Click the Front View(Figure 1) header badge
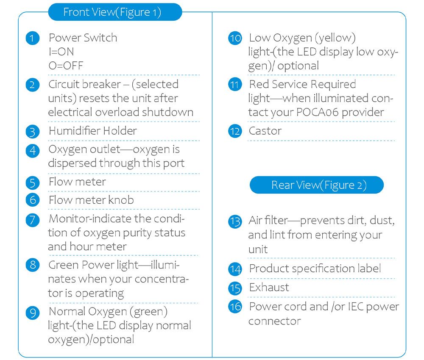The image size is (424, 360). click(115, 12)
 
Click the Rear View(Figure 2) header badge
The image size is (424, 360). click(317, 185)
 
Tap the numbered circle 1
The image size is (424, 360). click(33, 38)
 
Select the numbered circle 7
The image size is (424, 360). click(33, 220)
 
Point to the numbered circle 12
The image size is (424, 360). click(235, 131)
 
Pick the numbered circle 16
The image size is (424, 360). click(235, 307)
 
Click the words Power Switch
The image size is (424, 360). click(83, 38)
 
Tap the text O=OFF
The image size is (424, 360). click(66, 66)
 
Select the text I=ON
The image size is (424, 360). click(61, 52)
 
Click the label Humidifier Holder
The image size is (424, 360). click(93, 131)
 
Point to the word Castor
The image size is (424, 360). click(265, 131)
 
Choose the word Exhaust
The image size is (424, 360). click(269, 287)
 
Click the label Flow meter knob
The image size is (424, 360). click(92, 200)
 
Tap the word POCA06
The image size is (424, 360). click(317, 112)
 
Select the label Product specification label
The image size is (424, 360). click(315, 269)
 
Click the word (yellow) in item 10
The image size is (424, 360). click(335, 38)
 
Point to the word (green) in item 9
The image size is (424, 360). click(148, 312)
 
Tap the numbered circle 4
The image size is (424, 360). click(33, 151)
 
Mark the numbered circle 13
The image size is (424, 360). click(235, 222)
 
